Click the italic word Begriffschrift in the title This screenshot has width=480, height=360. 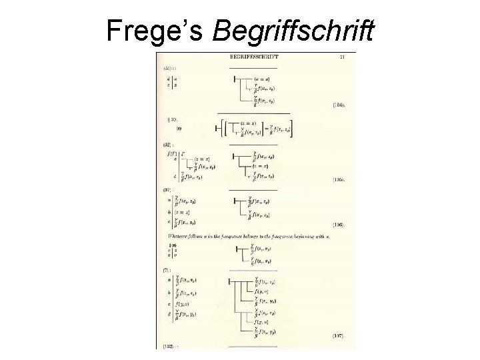point(293,29)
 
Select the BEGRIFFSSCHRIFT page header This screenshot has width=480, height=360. point(254,57)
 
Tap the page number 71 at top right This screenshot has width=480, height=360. point(343,57)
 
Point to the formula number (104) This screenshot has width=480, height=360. point(338,105)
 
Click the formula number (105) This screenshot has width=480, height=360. point(338,180)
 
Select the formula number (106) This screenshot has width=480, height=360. point(338,225)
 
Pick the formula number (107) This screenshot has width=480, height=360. point(338,337)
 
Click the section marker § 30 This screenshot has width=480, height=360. point(172,119)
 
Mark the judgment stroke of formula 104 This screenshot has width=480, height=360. point(235,79)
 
